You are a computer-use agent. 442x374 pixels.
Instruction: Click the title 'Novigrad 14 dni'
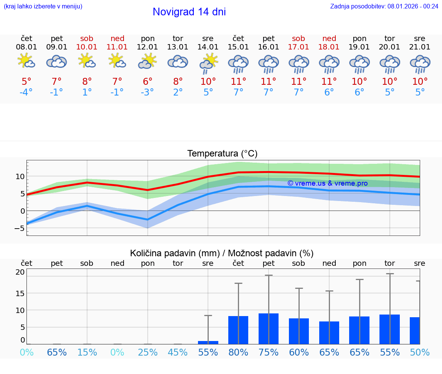189,12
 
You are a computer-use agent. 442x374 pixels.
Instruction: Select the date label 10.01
87,47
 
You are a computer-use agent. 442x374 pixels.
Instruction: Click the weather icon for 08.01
26,61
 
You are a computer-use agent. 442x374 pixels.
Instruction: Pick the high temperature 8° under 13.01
178,82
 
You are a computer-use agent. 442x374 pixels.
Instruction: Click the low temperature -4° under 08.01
26,92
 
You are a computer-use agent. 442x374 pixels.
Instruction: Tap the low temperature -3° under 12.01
147,92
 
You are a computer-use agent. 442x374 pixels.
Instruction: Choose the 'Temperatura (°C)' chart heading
222,154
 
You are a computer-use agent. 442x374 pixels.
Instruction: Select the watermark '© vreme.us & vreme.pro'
327,183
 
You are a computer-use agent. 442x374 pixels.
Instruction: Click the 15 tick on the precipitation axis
20,293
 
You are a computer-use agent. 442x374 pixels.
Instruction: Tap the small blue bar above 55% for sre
208,342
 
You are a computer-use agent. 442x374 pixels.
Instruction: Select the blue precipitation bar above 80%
238,330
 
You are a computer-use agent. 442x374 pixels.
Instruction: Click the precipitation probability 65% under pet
57,352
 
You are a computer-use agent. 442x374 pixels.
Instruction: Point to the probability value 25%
147,352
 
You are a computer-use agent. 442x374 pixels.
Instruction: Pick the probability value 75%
269,352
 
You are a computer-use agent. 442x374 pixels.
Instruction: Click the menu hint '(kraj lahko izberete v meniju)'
43,6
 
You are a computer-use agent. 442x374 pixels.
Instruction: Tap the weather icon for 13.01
178,61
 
